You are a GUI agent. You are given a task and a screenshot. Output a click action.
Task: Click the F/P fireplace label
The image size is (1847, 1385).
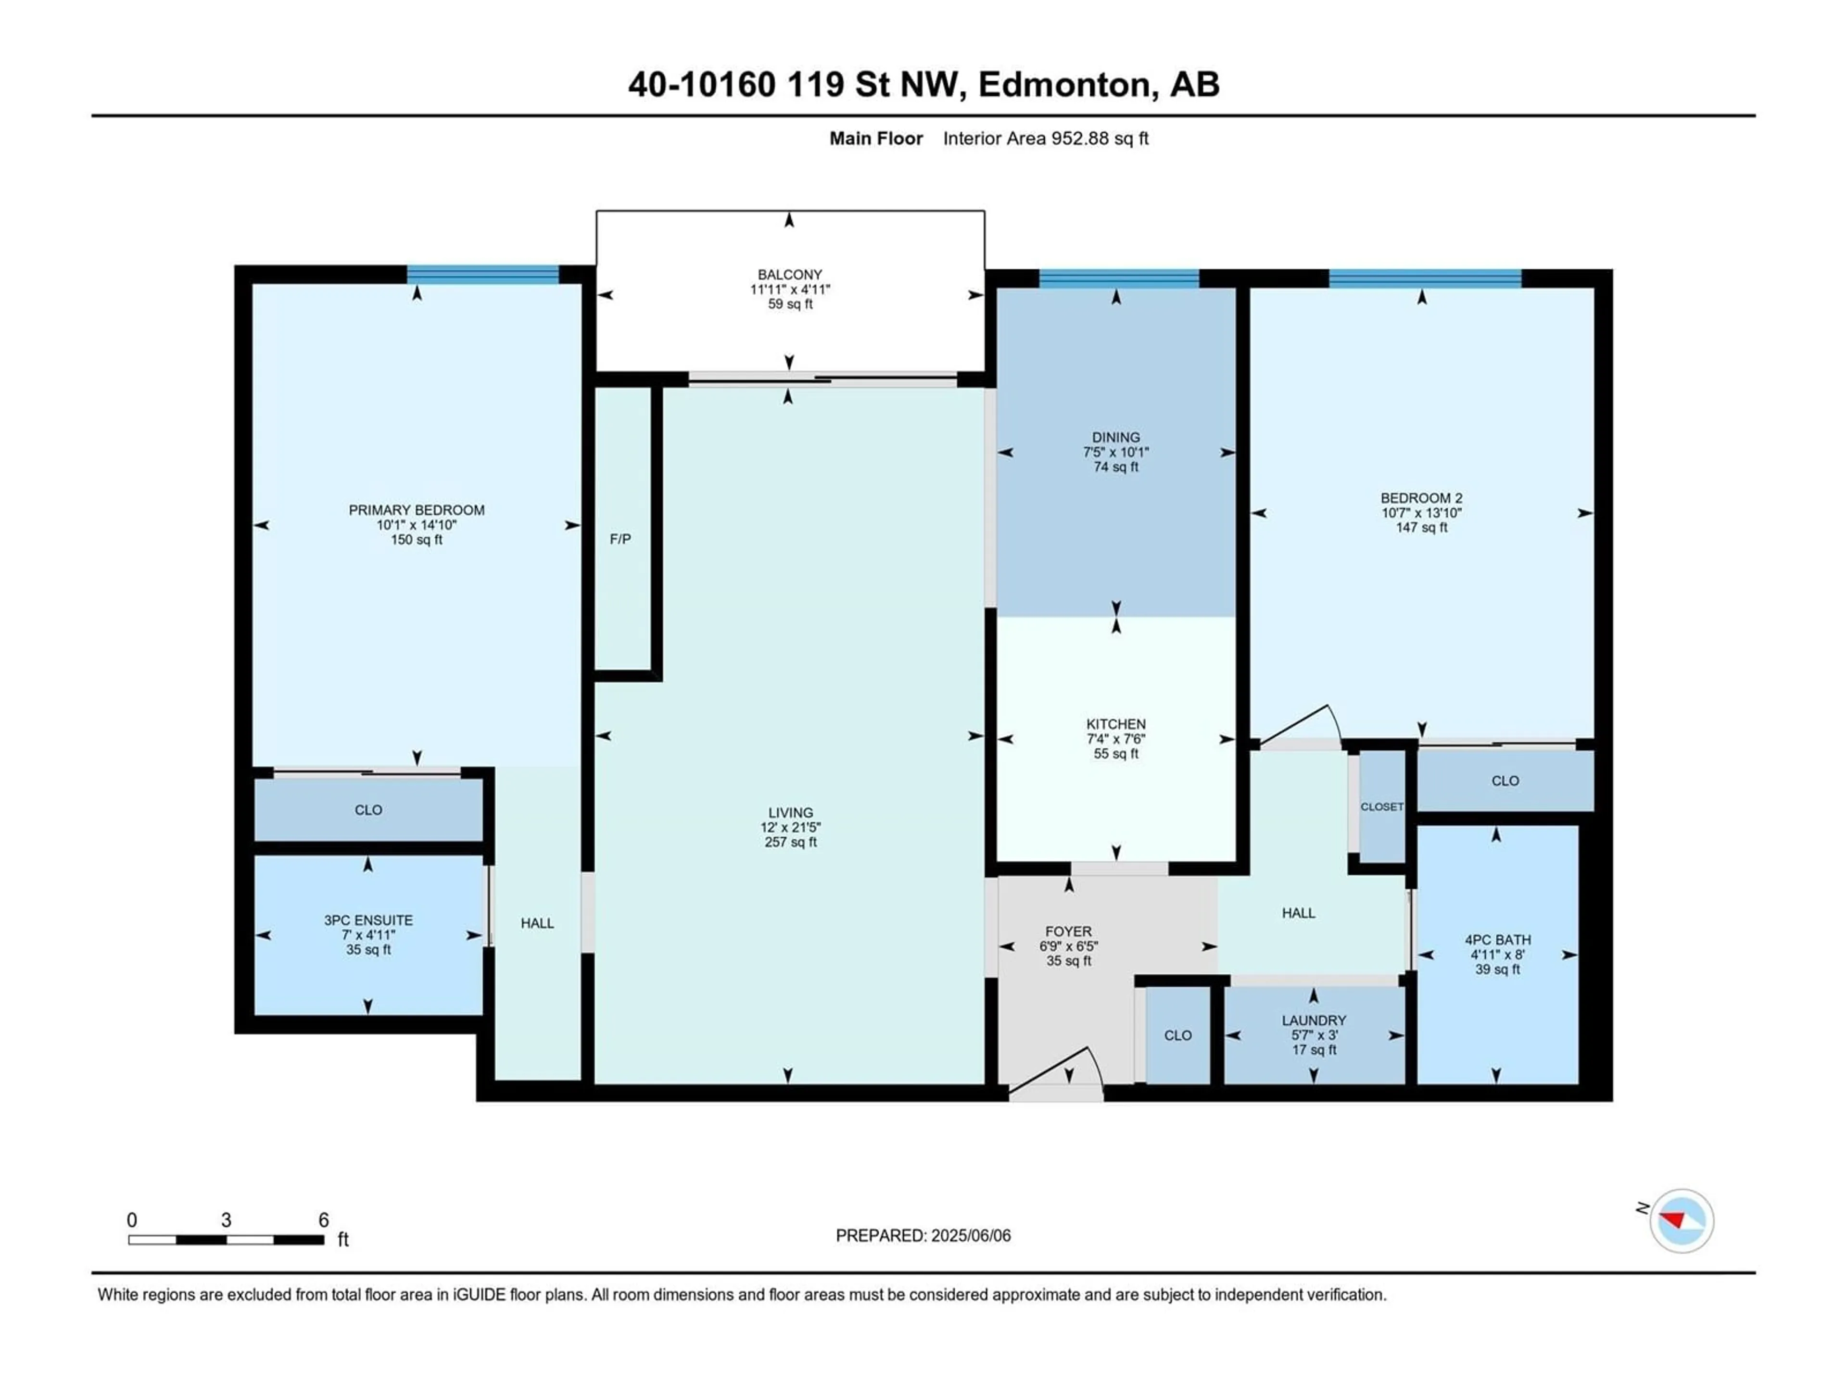[x=620, y=539]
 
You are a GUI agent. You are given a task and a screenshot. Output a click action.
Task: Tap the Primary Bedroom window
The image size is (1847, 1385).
[x=482, y=275]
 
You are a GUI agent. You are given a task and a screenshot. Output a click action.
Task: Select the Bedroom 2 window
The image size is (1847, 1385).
[x=1425, y=279]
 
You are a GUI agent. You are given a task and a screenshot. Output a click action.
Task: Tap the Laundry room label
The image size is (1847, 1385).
[x=1314, y=1020]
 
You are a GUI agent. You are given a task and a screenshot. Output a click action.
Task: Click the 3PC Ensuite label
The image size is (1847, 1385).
[x=368, y=920]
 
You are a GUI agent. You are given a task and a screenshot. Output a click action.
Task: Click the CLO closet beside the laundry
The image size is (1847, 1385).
[x=1177, y=1035]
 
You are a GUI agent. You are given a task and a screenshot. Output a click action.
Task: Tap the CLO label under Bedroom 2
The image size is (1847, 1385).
[x=1505, y=781]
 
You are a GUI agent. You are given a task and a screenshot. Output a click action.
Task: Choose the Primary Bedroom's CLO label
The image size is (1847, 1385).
[x=368, y=810]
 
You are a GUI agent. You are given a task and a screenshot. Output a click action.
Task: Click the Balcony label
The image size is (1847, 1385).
[x=790, y=275]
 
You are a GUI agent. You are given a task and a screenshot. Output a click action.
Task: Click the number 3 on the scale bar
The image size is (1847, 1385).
[x=226, y=1220]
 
